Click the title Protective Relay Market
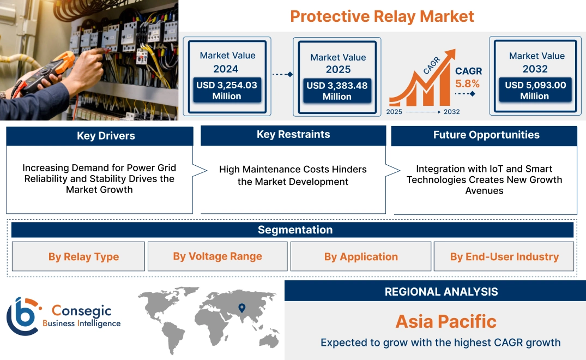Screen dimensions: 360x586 point(382,16)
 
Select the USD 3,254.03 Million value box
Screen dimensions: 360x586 point(226,91)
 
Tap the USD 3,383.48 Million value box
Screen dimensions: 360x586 point(337,91)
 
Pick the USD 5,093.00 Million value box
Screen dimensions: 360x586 point(535,90)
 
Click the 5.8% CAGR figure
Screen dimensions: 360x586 point(468,83)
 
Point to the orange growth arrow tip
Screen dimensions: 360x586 point(452,53)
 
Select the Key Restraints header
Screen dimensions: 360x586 point(293,135)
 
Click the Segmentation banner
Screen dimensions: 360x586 point(295,230)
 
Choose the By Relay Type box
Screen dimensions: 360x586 point(83,257)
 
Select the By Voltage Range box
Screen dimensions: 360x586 point(218,256)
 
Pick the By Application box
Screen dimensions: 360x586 point(361,257)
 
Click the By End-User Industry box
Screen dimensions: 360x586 point(504,257)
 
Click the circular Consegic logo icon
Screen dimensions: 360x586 point(23,316)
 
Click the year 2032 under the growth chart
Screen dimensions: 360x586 point(451,112)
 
